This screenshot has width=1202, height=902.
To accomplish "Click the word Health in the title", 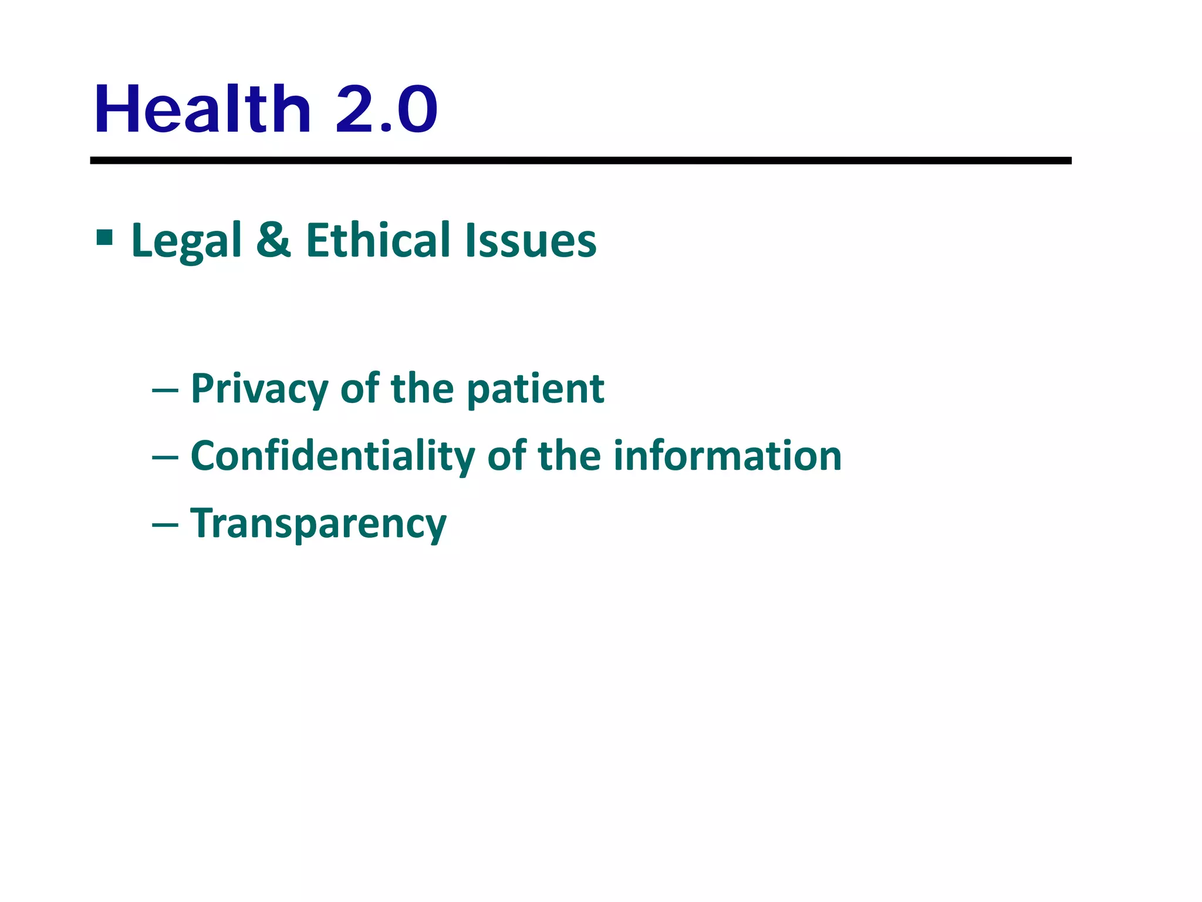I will (202, 110).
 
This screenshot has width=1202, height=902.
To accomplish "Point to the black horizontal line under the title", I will (580, 160).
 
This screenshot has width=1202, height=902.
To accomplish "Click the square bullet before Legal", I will (104, 237).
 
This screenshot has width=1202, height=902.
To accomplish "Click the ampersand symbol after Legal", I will (274, 240).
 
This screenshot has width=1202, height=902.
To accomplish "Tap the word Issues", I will (531, 241).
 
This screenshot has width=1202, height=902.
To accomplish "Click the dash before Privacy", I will (165, 389).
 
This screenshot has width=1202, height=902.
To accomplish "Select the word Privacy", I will (259, 389).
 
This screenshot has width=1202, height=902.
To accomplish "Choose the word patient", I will (536, 389).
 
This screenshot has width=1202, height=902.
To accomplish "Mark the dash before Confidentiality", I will (165, 457).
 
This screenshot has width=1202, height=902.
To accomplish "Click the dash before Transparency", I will (165, 524).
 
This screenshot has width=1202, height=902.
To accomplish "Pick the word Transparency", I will (318, 524).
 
